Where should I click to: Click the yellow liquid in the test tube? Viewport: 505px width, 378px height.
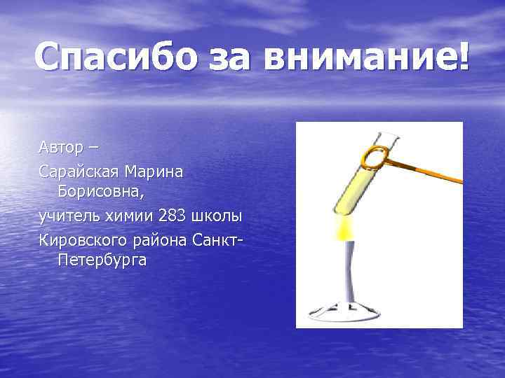[354, 185]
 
